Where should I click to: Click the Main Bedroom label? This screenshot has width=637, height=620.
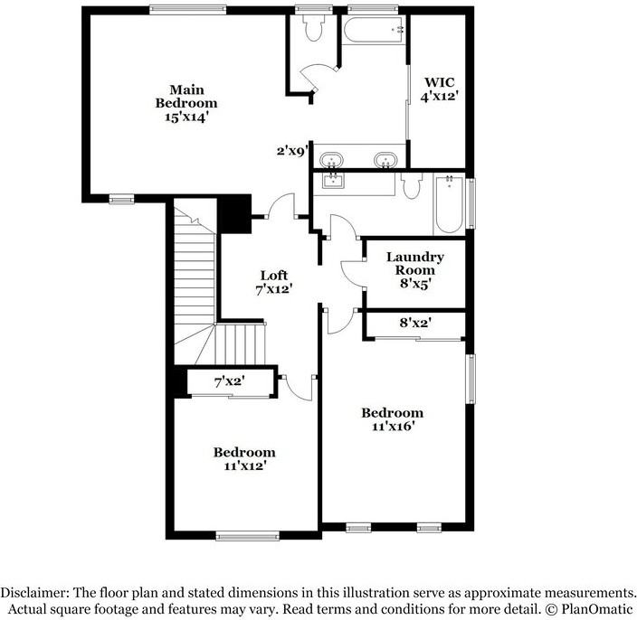point(186,103)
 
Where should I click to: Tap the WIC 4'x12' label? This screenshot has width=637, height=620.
point(440,89)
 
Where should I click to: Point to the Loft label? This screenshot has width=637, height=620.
point(274,282)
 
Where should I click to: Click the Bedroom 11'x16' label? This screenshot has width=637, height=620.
point(393,419)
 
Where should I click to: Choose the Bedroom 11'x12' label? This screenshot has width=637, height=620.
point(244,459)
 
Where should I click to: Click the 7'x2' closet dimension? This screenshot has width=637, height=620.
point(230,381)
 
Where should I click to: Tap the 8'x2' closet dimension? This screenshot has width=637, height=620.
point(415,323)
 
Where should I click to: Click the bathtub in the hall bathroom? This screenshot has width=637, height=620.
point(450,203)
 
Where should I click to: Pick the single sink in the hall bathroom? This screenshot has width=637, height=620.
point(334,180)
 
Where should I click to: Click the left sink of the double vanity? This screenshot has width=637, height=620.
point(331,159)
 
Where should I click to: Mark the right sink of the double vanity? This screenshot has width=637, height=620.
point(385,159)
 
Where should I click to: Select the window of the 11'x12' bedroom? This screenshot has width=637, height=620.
point(248,536)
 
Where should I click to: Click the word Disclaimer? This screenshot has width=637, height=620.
point(34,592)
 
